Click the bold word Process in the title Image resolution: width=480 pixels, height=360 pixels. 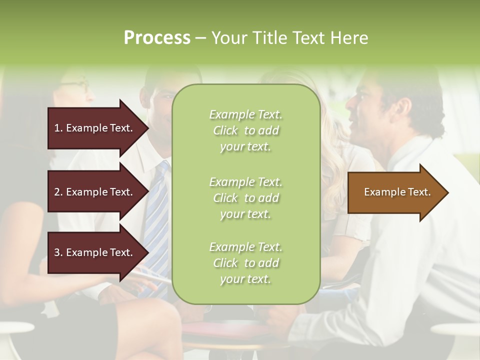157,38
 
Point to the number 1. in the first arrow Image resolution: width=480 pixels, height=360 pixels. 58,128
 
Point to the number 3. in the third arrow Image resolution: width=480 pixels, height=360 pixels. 58,252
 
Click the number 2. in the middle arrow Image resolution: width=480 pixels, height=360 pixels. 58,192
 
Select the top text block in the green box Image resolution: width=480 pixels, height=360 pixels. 245,130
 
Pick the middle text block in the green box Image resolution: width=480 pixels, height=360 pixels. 245,198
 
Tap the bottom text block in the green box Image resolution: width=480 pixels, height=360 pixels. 245,263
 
